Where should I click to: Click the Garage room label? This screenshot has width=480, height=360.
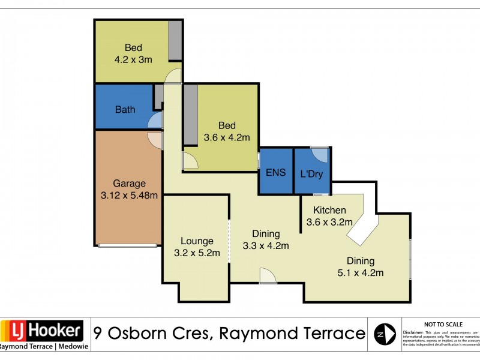pyautogui.click(x=129, y=184)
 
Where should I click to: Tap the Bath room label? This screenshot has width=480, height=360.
pyautogui.click(x=125, y=110)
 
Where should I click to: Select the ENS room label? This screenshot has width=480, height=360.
pyautogui.click(x=275, y=172)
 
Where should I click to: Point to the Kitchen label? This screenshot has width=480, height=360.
pyautogui.click(x=329, y=210)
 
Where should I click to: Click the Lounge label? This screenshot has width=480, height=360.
pyautogui.click(x=196, y=241)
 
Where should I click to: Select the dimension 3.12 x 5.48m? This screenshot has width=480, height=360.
pyautogui.click(x=129, y=196)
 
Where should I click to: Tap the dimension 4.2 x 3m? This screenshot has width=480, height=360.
pyautogui.click(x=133, y=60)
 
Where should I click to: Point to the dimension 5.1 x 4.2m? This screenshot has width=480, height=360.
pyautogui.click(x=360, y=273)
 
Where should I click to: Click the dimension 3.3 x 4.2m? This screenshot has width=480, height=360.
pyautogui.click(x=266, y=245)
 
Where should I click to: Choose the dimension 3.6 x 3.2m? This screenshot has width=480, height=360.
pyautogui.click(x=329, y=222)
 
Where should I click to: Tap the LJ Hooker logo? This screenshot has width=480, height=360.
pyautogui.click(x=42, y=330)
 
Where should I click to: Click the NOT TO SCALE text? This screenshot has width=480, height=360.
pyautogui.click(x=442, y=324)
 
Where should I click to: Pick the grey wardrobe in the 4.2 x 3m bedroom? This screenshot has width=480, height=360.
pyautogui.click(x=175, y=40)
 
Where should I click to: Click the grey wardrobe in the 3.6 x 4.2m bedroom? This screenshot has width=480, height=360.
pyautogui.click(x=191, y=114)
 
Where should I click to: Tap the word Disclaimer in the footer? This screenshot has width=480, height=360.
pyautogui.click(x=413, y=332)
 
